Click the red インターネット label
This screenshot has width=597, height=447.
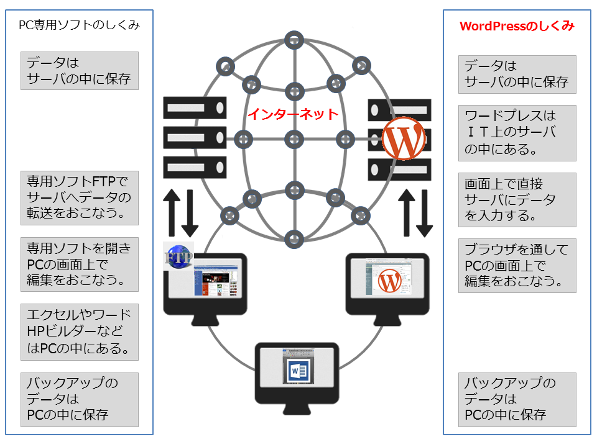click(x=293, y=114)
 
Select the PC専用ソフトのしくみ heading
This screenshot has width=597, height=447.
click(x=80, y=26)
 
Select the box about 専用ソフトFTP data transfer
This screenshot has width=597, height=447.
click(x=80, y=198)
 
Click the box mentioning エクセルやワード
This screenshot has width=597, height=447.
click(x=80, y=332)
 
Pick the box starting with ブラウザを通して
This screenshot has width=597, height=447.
click(x=517, y=266)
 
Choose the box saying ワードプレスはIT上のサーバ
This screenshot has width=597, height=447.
click(x=517, y=132)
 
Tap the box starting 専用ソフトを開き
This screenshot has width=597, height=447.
click(x=80, y=264)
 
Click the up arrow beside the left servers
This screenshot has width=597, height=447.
click(x=172, y=214)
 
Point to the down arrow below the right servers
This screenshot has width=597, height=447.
click(x=425, y=214)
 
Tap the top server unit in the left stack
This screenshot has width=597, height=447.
click(x=194, y=107)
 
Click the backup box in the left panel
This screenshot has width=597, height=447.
click(x=80, y=399)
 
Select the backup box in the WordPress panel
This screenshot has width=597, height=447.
click(x=517, y=399)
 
